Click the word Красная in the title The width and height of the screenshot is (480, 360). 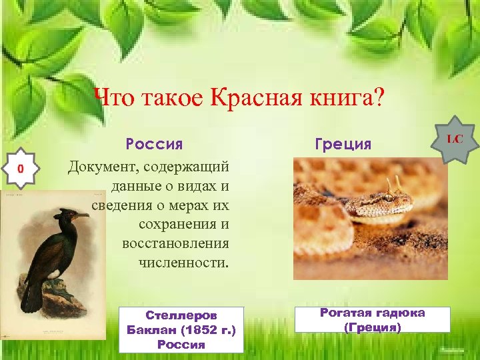[261, 100]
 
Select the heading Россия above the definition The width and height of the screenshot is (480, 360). [155, 144]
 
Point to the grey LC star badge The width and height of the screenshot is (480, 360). [455, 141]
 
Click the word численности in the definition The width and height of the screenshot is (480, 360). [183, 263]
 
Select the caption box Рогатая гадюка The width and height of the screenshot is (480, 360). [372, 320]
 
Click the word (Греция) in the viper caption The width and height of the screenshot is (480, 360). [372, 327]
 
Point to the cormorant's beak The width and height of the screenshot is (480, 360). [79, 216]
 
